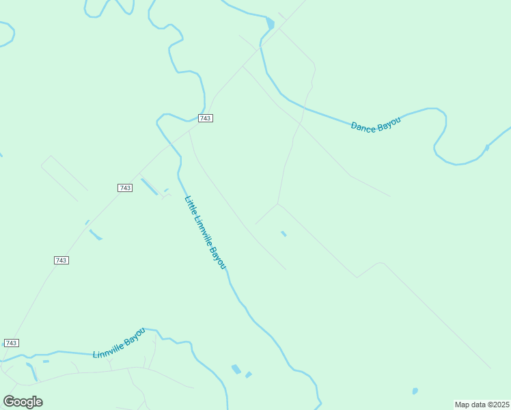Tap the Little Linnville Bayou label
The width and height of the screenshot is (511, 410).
click(204, 232)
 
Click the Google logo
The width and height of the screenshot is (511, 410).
click(23, 401)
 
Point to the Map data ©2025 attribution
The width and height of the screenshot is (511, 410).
click(482, 405)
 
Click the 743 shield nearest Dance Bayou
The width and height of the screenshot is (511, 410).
click(206, 118)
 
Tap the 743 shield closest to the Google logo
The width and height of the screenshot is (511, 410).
click(11, 342)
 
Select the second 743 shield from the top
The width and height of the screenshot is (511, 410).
click(124, 188)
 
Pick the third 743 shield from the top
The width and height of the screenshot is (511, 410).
click(61, 260)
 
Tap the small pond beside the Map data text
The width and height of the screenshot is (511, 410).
click(415, 392)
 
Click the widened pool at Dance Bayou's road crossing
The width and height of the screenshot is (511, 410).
click(271, 24)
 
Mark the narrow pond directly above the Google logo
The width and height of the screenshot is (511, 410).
click(31, 372)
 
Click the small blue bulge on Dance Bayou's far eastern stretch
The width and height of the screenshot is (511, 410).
click(486, 148)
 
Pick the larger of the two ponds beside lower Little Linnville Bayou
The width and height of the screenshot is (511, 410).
click(236, 369)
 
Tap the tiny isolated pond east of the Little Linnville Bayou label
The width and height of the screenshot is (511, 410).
click(284, 234)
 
